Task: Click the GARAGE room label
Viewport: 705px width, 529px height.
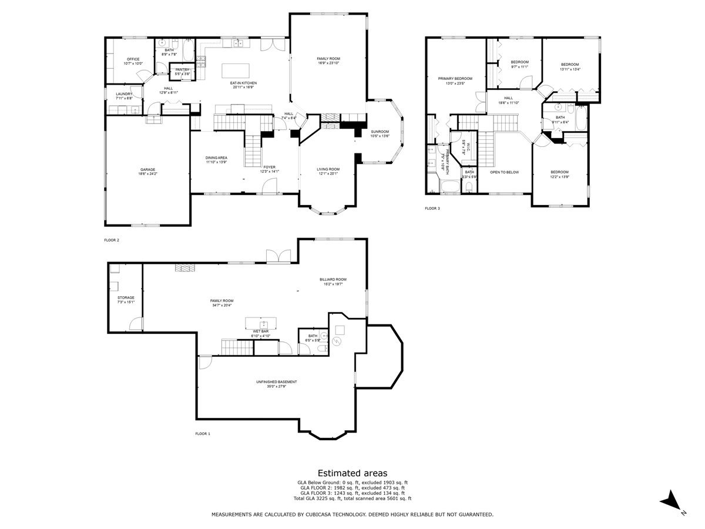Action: click(x=147, y=170)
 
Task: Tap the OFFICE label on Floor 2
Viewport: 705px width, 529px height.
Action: click(x=133, y=59)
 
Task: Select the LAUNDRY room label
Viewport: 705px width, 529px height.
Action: click(x=124, y=94)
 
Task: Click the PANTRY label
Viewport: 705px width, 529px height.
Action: click(x=183, y=70)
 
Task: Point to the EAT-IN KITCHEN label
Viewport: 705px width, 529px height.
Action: click(x=243, y=83)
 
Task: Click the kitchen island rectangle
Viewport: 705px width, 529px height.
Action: click(x=236, y=71)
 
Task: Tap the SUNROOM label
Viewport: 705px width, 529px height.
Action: click(x=380, y=132)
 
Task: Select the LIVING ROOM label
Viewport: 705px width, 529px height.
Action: click(x=328, y=169)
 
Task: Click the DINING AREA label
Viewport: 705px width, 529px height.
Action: click(x=216, y=158)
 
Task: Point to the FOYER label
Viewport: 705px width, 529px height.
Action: click(x=269, y=168)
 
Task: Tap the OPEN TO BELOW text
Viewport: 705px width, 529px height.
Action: click(x=505, y=172)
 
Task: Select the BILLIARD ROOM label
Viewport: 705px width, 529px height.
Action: click(x=333, y=279)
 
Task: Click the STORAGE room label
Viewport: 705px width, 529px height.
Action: click(x=126, y=298)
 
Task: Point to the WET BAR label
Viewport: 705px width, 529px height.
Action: click(x=261, y=332)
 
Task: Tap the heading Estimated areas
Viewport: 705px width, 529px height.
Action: click(x=352, y=473)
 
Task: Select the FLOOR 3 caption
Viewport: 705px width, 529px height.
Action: click(x=432, y=208)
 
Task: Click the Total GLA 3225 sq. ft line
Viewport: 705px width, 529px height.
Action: click(x=352, y=498)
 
